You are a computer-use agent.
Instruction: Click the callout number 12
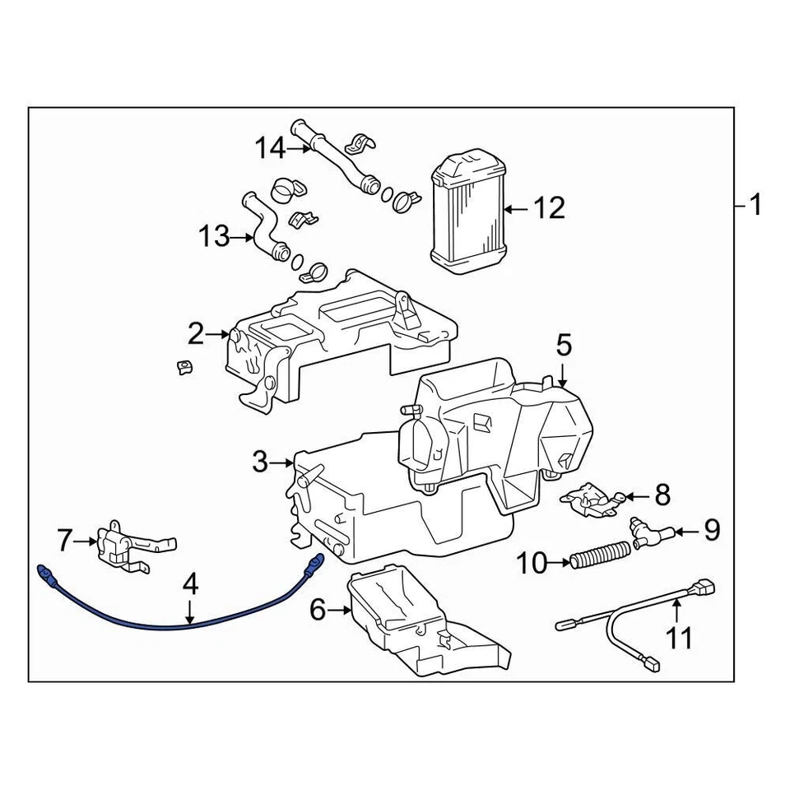549,208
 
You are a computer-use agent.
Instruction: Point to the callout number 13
213,238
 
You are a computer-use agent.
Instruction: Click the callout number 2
195,333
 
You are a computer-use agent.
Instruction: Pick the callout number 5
563,344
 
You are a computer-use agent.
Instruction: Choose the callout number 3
260,462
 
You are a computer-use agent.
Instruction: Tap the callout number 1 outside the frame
755,204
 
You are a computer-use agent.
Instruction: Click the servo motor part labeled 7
123,545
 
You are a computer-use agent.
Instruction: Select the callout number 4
190,585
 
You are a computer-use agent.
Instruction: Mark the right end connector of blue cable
313,565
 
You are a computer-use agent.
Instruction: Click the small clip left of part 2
184,366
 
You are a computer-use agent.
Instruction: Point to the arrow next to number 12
515,209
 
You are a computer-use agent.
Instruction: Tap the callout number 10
533,564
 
